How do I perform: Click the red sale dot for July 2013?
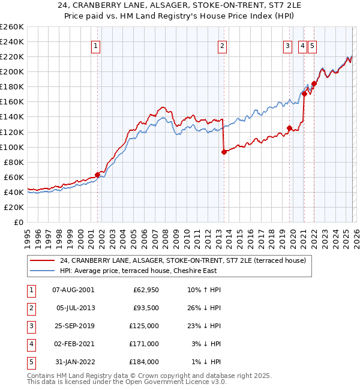coord(224,152)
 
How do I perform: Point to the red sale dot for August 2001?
coord(97,175)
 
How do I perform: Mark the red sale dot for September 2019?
coord(289,128)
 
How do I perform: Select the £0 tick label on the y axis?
coord(17,222)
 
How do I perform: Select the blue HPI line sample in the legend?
coord(43,271)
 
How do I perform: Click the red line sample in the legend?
coord(43,260)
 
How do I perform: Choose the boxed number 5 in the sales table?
coord(31,362)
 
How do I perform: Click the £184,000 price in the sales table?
coord(144,362)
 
